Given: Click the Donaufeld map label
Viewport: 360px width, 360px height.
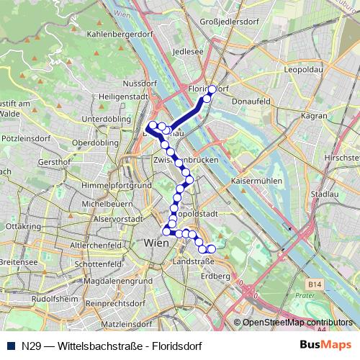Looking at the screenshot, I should click(x=251, y=103).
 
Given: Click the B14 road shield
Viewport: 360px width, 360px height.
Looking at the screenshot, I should click(x=312, y=285).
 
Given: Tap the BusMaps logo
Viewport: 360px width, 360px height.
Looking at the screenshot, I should click(x=321, y=345).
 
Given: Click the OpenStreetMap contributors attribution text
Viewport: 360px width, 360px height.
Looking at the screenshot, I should click(x=298, y=323).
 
